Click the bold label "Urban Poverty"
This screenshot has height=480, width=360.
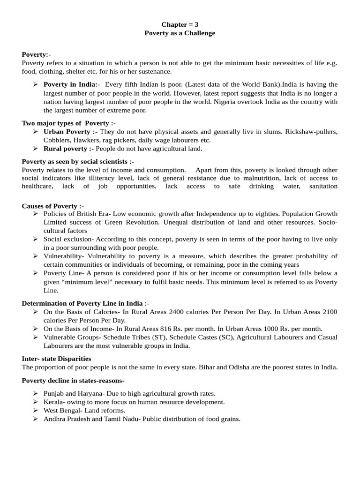(x=67, y=132)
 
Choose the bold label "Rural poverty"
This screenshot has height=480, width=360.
(x=66, y=149)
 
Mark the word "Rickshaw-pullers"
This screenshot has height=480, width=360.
(x=314, y=132)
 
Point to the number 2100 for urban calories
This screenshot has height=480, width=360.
(x=329, y=312)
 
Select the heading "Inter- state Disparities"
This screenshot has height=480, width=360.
(x=56, y=359)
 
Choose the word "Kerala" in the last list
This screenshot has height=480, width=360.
(x=53, y=402)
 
